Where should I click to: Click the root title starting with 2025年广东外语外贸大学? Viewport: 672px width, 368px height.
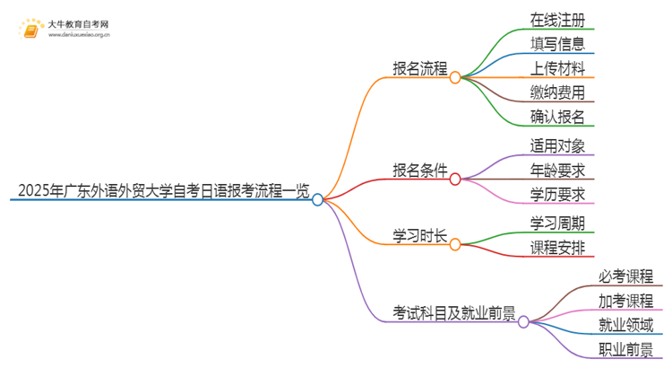click(x=162, y=190)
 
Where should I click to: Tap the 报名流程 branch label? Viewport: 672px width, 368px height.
click(x=420, y=68)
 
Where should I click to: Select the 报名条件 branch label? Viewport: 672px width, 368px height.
click(x=420, y=170)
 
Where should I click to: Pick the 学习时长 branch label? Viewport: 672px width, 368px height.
click(x=420, y=235)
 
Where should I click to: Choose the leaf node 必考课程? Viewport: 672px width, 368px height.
click(x=626, y=276)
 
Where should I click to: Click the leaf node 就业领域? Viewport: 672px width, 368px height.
click(x=626, y=324)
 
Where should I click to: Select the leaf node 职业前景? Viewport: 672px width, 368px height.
click(x=626, y=348)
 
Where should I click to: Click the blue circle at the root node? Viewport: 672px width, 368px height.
click(x=317, y=199)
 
